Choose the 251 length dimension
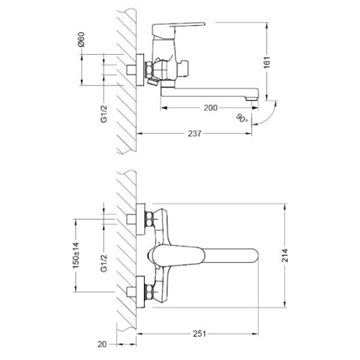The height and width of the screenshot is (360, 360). coord(202,333)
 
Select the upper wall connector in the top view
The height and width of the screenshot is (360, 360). coord(137,218)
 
